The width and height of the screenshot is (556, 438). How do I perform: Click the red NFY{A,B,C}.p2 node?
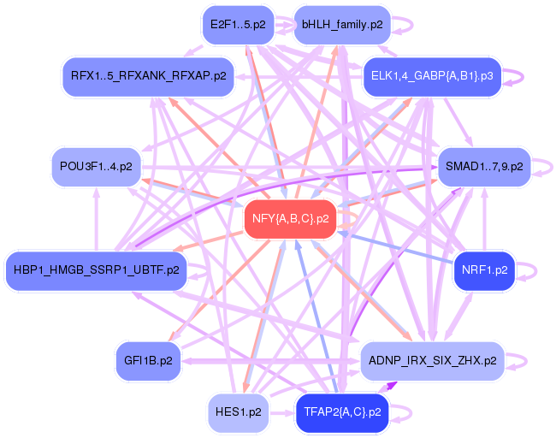[x=291, y=219]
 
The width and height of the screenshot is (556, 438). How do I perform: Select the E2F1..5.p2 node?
[x=237, y=25]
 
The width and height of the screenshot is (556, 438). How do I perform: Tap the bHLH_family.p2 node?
[x=341, y=25]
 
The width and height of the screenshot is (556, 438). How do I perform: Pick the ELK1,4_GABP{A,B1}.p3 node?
[x=431, y=76]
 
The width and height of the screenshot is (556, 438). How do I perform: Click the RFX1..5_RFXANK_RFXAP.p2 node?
[x=148, y=76]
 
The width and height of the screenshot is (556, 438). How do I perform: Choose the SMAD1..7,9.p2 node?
[x=483, y=166]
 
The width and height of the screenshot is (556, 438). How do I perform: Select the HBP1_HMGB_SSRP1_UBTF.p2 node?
[x=96, y=270]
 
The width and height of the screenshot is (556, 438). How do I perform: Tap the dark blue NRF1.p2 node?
[x=484, y=270]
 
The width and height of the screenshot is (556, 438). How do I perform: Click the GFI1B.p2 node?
[x=148, y=360]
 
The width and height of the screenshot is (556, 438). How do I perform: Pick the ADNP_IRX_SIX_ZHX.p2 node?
[x=431, y=360]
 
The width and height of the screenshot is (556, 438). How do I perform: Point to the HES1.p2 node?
[x=238, y=411]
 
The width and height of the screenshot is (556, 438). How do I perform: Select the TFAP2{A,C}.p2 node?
[x=341, y=411]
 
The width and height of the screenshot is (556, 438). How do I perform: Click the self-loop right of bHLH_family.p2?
[x=413, y=25]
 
